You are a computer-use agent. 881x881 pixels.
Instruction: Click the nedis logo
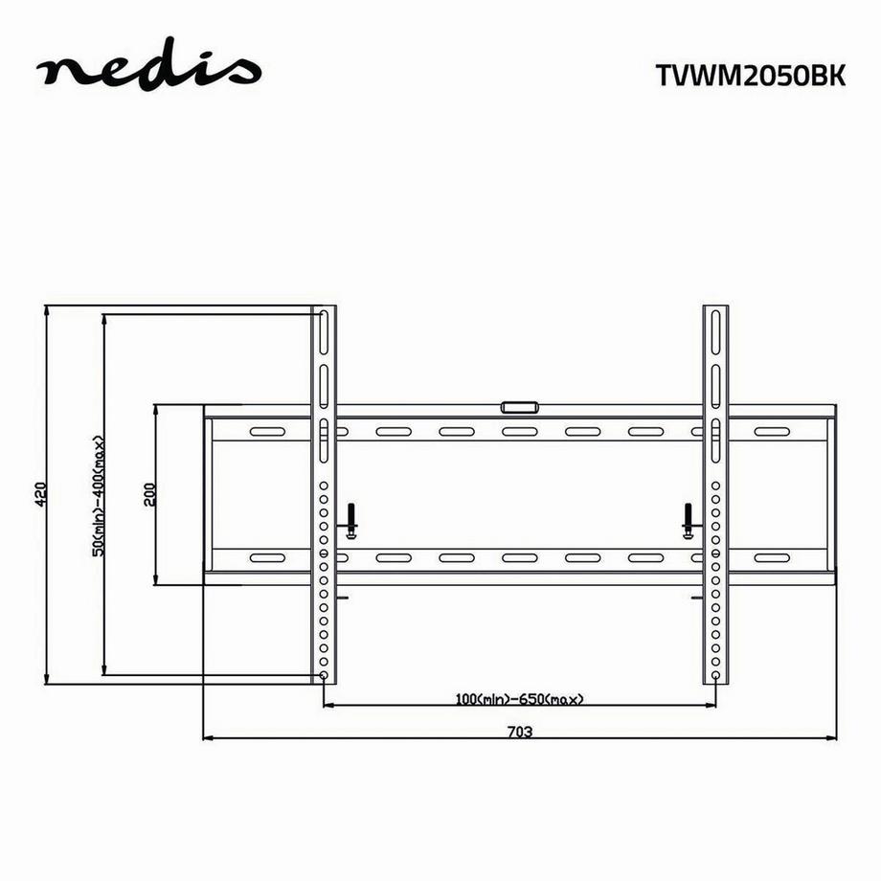click(x=147, y=71)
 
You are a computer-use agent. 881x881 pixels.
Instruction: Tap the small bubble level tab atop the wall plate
click(x=519, y=407)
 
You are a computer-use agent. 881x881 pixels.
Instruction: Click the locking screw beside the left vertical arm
click(x=351, y=521)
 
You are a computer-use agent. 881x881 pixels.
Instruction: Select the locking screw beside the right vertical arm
click(x=687, y=521)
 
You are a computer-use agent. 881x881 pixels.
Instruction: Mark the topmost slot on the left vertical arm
click(x=325, y=329)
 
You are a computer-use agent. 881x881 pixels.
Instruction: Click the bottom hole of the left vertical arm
click(x=325, y=675)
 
